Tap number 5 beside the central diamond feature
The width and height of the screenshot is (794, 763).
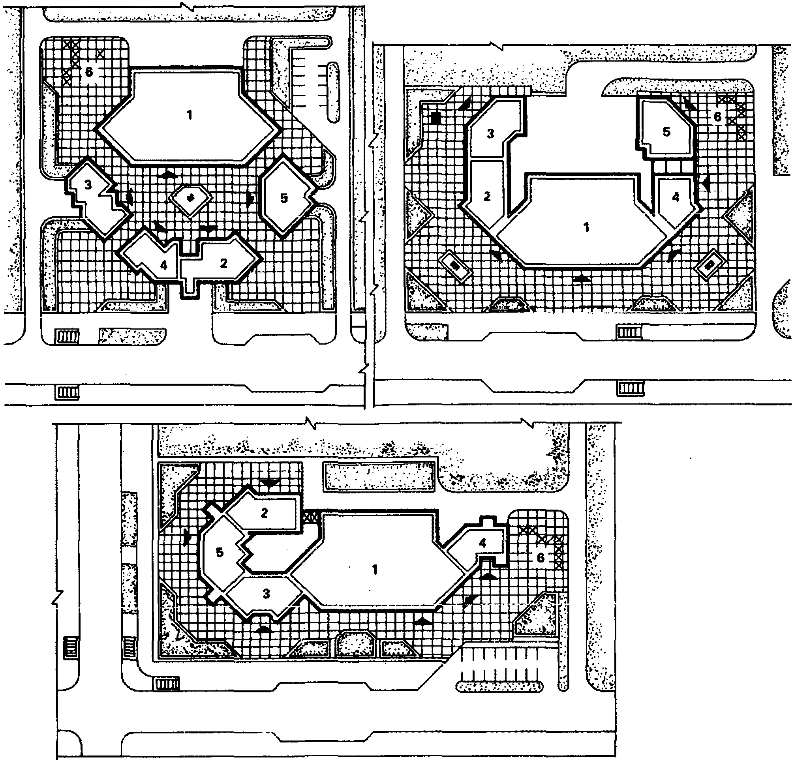(x=284, y=198)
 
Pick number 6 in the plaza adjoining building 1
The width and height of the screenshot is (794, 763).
(x=89, y=72)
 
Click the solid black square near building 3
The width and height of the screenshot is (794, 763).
(x=435, y=118)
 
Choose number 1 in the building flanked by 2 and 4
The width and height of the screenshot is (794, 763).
(x=586, y=227)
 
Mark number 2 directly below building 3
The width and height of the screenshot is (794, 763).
(x=487, y=197)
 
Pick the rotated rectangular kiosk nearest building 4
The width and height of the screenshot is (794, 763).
(x=710, y=265)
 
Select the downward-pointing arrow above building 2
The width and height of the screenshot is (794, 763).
(x=269, y=483)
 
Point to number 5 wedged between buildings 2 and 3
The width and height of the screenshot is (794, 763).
(x=219, y=552)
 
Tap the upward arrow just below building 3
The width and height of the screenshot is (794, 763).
(x=264, y=628)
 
